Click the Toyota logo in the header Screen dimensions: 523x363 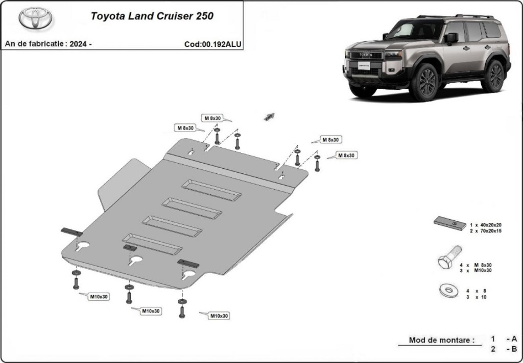[x=35, y=18]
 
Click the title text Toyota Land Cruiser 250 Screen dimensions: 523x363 [x=152, y=16]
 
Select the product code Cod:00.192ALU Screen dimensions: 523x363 [x=212, y=44]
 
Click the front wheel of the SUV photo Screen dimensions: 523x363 [x=424, y=82]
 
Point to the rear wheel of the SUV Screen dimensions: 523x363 [x=493, y=76]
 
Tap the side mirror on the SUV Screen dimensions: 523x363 [x=451, y=38]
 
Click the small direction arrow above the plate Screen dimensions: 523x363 [x=269, y=117]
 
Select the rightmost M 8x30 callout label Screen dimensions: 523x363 [x=347, y=155]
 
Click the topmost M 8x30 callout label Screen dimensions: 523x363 [x=212, y=118]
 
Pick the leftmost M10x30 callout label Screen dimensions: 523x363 [x=99, y=296]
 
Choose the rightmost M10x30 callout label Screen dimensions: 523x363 [x=219, y=316]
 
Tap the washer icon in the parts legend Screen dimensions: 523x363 [x=449, y=291]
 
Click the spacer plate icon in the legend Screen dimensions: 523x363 [x=450, y=223]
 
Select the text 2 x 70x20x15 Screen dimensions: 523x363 [x=486, y=231]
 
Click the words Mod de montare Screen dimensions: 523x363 [x=442, y=340]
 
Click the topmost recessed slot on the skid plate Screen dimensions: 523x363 [x=211, y=190]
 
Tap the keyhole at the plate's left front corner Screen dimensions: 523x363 [x=82, y=246]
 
